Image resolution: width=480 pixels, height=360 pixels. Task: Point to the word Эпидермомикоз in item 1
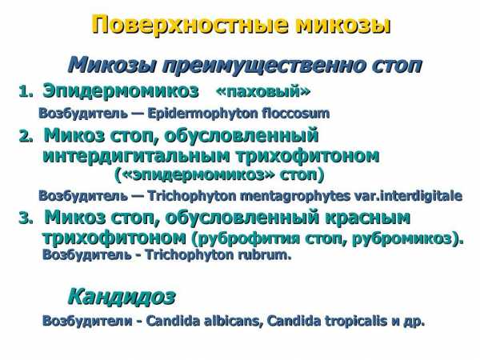[x=121, y=91]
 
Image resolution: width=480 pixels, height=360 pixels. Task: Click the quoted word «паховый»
[x=263, y=91]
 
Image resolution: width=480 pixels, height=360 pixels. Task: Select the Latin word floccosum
[x=296, y=114]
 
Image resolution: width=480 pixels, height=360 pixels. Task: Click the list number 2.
[x=26, y=136]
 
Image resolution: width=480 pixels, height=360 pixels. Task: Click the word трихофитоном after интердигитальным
[x=308, y=155]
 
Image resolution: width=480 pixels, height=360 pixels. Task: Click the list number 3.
[x=26, y=218]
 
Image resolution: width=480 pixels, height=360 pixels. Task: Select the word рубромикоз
[x=407, y=238]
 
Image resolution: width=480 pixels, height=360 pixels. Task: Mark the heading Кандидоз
[x=122, y=296]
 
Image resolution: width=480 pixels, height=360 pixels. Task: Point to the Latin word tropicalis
[x=357, y=321]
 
